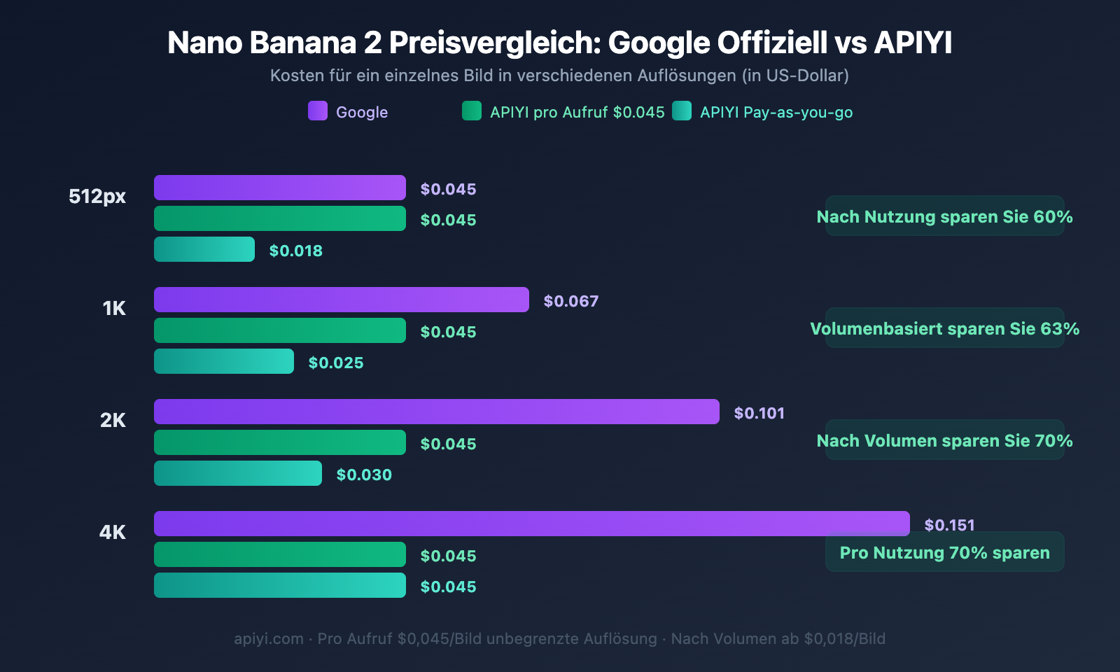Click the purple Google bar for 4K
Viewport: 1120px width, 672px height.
(x=532, y=524)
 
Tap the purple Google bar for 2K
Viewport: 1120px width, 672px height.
(x=437, y=412)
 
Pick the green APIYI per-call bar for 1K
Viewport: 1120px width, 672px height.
(x=280, y=330)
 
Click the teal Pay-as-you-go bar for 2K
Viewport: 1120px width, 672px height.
(x=238, y=473)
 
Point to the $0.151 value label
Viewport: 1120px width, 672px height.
(x=949, y=525)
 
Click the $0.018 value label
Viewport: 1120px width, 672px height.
(x=295, y=251)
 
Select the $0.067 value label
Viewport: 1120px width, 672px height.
(x=570, y=301)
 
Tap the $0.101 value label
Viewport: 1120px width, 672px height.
(x=759, y=413)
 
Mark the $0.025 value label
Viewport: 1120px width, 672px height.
(x=336, y=363)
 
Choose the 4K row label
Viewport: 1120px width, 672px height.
(x=112, y=532)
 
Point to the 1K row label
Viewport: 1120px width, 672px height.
(x=113, y=308)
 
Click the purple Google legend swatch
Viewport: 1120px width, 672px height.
(x=318, y=111)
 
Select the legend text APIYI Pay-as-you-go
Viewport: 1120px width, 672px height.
(x=776, y=112)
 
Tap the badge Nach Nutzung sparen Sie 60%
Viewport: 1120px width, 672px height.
(x=944, y=216)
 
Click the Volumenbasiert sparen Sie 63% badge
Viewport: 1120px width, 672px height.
(x=944, y=328)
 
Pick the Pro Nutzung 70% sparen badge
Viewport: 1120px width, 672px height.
(x=944, y=552)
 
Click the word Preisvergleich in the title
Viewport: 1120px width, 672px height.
(x=494, y=43)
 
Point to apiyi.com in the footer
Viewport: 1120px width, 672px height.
(x=268, y=638)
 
